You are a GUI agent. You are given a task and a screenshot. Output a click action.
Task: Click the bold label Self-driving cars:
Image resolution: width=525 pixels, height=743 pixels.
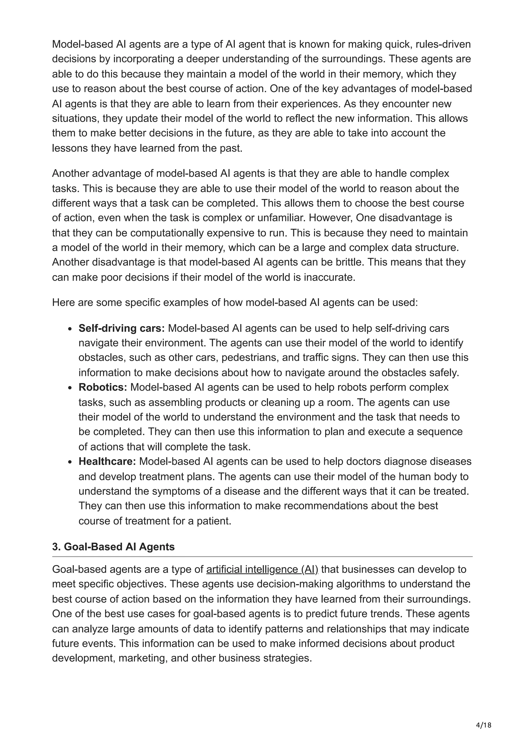(x=122, y=328)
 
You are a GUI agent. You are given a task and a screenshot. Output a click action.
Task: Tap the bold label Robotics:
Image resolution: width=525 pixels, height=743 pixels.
(x=103, y=387)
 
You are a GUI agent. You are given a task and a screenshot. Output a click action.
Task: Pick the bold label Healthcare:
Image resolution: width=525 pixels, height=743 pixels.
(x=107, y=461)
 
